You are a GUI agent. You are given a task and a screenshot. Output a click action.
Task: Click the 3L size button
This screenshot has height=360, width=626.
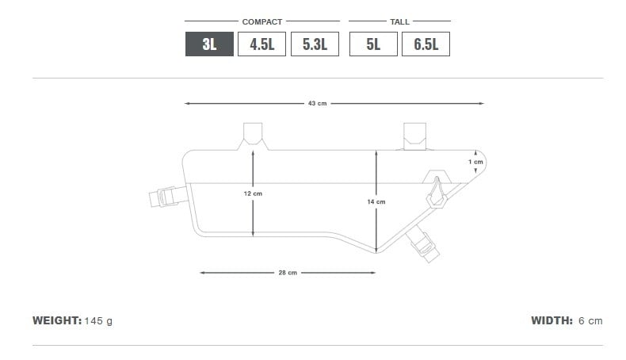pyautogui.click(x=209, y=44)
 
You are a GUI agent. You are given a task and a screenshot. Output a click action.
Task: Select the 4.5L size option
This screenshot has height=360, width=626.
pyautogui.click(x=262, y=44)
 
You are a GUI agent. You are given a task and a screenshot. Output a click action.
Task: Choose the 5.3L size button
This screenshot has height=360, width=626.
pyautogui.click(x=315, y=44)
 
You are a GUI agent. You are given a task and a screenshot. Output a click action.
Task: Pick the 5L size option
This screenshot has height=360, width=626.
pyautogui.click(x=373, y=44)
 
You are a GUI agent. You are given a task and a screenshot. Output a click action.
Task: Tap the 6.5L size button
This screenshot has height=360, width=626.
pyautogui.click(x=426, y=44)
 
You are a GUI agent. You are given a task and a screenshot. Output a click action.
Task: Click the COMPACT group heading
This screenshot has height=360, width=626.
pyautogui.click(x=262, y=21)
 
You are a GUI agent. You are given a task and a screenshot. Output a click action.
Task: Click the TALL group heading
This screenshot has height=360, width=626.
pyautogui.click(x=399, y=21)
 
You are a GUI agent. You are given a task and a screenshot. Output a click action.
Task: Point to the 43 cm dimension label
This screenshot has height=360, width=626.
pyautogui.click(x=318, y=104)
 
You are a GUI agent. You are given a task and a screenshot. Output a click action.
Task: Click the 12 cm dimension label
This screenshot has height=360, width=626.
pyautogui.click(x=253, y=193)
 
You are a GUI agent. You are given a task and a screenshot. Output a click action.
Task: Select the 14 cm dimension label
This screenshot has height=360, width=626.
pyautogui.click(x=376, y=201)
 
